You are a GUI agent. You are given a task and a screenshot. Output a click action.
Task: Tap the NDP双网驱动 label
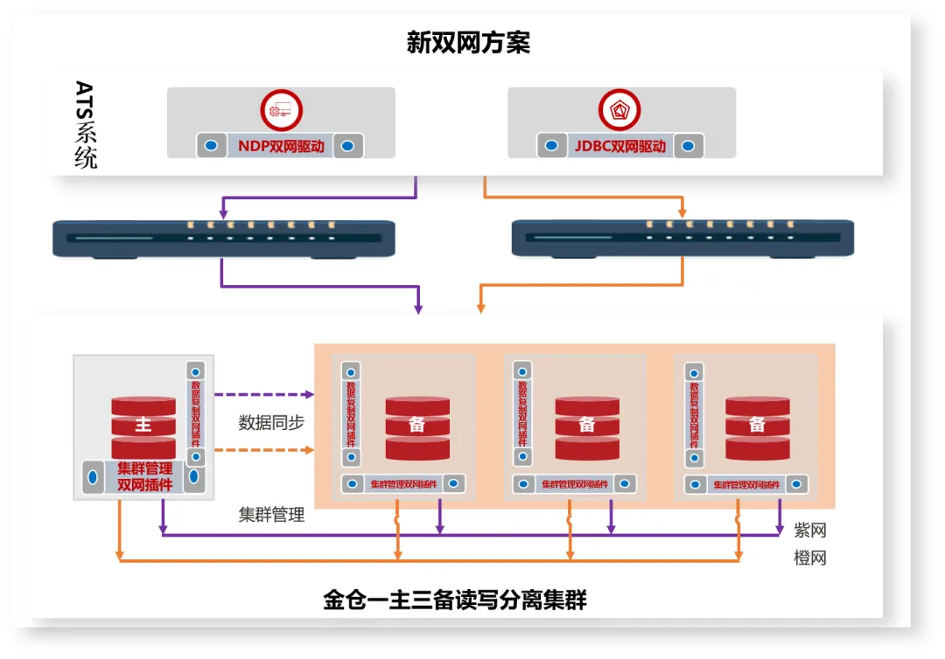coord(281,146)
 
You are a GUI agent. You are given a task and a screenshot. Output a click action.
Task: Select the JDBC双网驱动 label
coord(620,146)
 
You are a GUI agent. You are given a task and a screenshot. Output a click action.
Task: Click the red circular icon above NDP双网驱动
coord(281,111)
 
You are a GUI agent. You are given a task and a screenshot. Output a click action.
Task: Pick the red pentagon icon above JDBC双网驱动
coord(619,111)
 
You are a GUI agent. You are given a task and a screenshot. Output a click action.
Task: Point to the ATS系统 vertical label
coord(85,125)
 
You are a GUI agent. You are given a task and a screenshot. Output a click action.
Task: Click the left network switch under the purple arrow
coord(224,239)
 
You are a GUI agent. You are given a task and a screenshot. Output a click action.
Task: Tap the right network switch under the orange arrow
coord(682,239)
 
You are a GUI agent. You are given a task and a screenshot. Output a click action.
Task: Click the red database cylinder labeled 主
coord(143,426)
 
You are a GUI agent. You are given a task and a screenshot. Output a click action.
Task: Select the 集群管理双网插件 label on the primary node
coord(144,477)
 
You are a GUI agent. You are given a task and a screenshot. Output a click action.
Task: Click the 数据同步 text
coord(271,423)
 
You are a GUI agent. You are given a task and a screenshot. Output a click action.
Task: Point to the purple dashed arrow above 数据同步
coord(263,395)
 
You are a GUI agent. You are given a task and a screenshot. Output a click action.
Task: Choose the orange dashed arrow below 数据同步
coord(263,450)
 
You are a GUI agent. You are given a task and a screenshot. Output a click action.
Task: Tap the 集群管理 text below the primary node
coord(271,515)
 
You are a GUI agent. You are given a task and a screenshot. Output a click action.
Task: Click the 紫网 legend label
coord(809,531)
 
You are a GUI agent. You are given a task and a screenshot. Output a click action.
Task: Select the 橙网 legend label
coord(809,558)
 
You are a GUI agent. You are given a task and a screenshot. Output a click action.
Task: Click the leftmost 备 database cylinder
coord(417,427)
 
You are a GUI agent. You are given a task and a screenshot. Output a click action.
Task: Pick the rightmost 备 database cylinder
coord(757,427)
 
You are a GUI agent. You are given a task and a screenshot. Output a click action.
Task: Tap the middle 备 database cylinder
coord(587,427)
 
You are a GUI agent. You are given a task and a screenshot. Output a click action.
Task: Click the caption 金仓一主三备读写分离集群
coord(454,601)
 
